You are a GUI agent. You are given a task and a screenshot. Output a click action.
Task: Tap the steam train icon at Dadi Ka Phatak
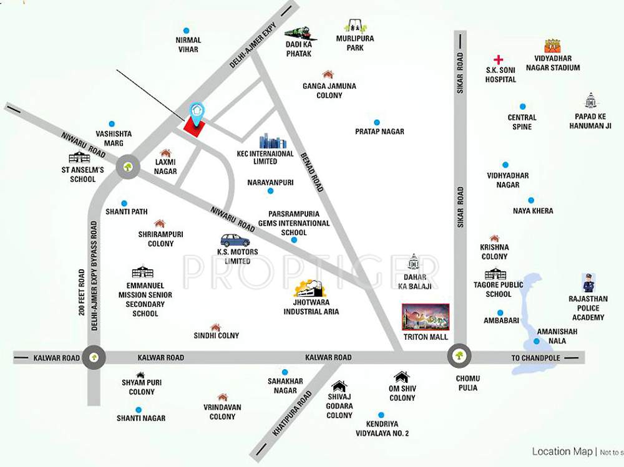pyautogui.click(x=300, y=32)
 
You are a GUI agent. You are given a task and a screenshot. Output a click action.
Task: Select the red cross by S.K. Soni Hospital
pyautogui.click(x=498, y=60)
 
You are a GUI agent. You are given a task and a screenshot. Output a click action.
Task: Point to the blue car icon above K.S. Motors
pyautogui.click(x=235, y=240)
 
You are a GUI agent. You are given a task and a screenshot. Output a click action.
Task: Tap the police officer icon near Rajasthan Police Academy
pyautogui.click(x=588, y=283)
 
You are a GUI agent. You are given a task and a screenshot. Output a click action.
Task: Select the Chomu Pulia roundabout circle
pyautogui.click(x=459, y=357)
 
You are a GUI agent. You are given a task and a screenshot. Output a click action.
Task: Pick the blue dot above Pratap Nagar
pyautogui.click(x=377, y=122)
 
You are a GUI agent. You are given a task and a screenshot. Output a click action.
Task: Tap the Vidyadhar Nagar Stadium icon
pyautogui.click(x=552, y=46)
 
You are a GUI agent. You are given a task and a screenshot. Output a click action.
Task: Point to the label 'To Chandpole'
pyautogui.click(x=536, y=358)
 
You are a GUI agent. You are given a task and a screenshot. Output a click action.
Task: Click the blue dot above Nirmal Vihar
pyautogui.click(x=186, y=30)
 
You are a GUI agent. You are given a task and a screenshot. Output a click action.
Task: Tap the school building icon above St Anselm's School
pyautogui.click(x=79, y=157)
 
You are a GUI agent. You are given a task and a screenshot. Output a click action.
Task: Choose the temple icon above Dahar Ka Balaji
pyautogui.click(x=412, y=261)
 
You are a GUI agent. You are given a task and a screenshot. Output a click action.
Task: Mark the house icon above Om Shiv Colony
pyautogui.click(x=401, y=377)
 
